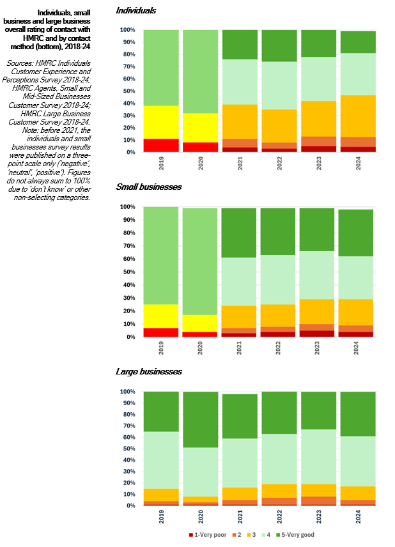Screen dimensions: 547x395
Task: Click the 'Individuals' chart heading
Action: [136, 11]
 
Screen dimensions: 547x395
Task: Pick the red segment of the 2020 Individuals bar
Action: [201, 147]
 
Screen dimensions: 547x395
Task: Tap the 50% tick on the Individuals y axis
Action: [128, 91]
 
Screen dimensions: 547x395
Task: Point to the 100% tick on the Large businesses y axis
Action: [127, 392]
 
